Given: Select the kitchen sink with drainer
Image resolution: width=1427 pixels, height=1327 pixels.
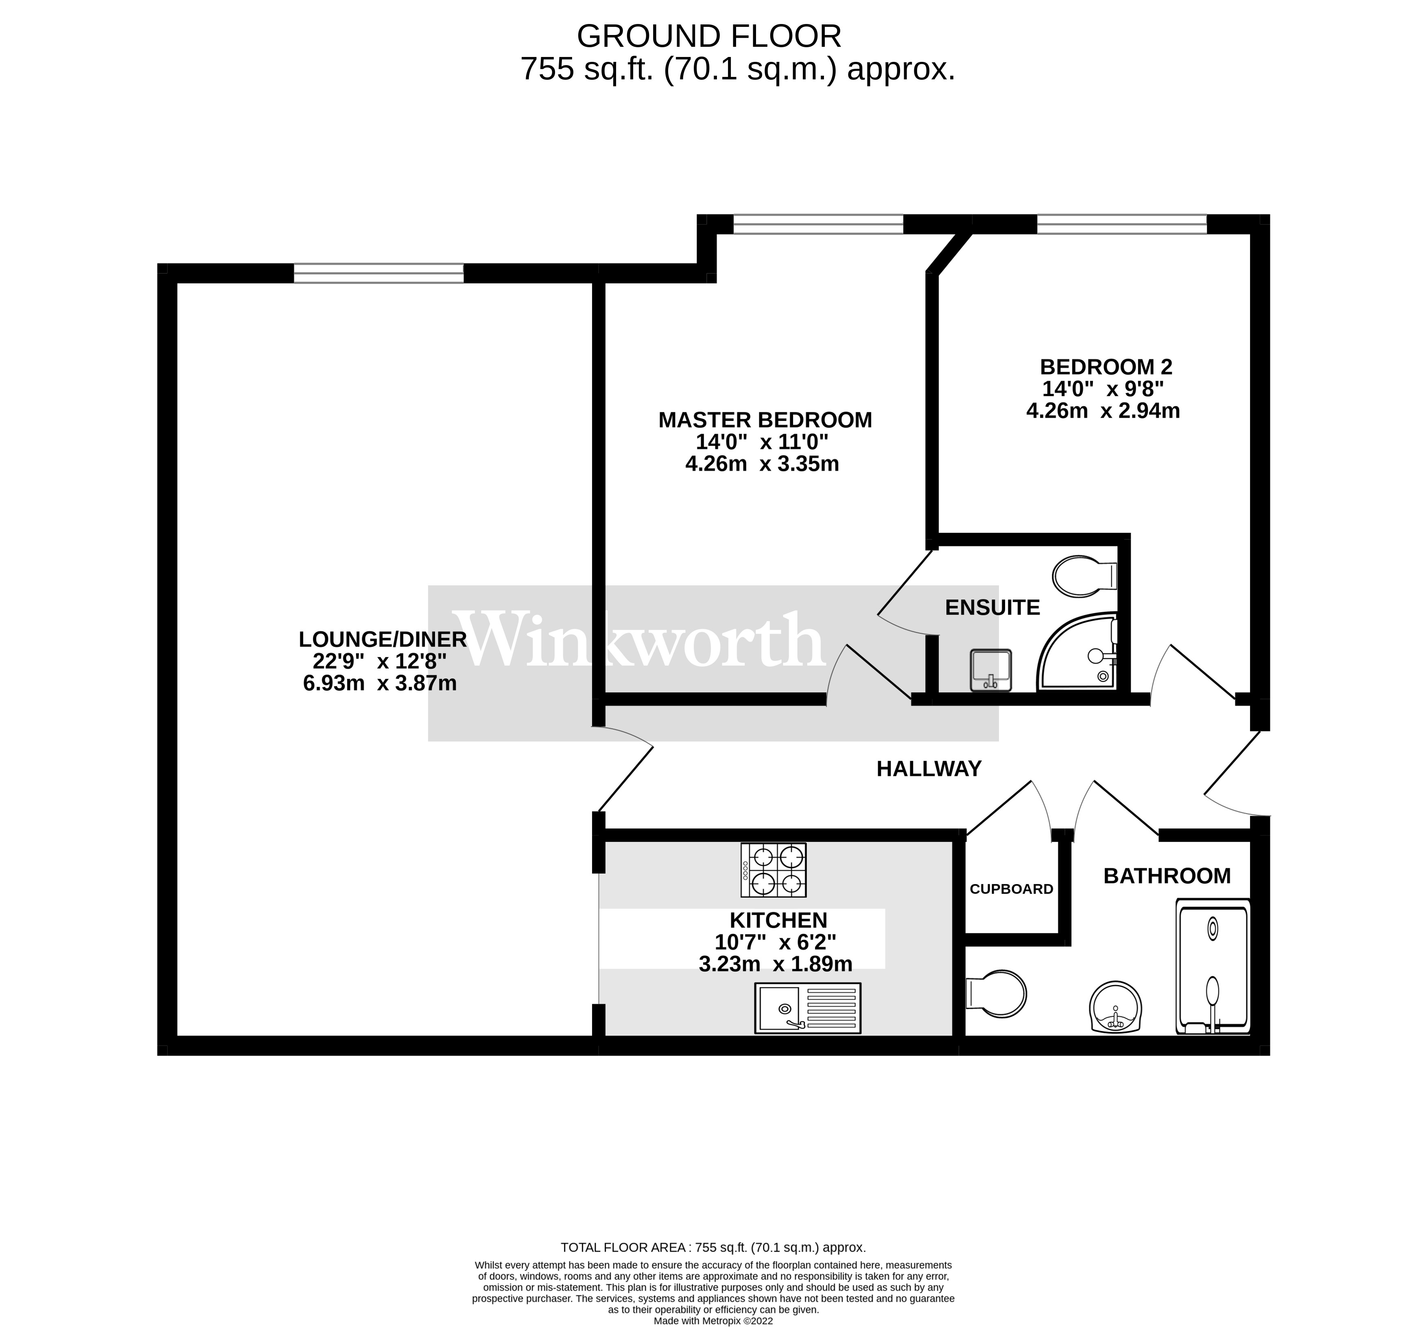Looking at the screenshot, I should click(808, 1007).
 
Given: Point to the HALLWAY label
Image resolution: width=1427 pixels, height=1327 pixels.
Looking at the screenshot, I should click(929, 769).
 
